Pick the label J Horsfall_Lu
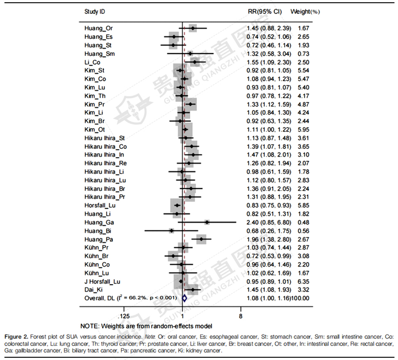click(x=102, y=281)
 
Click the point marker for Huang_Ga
click(x=207, y=222)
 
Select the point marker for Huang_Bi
click(x=171, y=231)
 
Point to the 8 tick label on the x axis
click(x=240, y=316)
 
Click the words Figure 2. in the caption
click(x=17, y=336)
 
